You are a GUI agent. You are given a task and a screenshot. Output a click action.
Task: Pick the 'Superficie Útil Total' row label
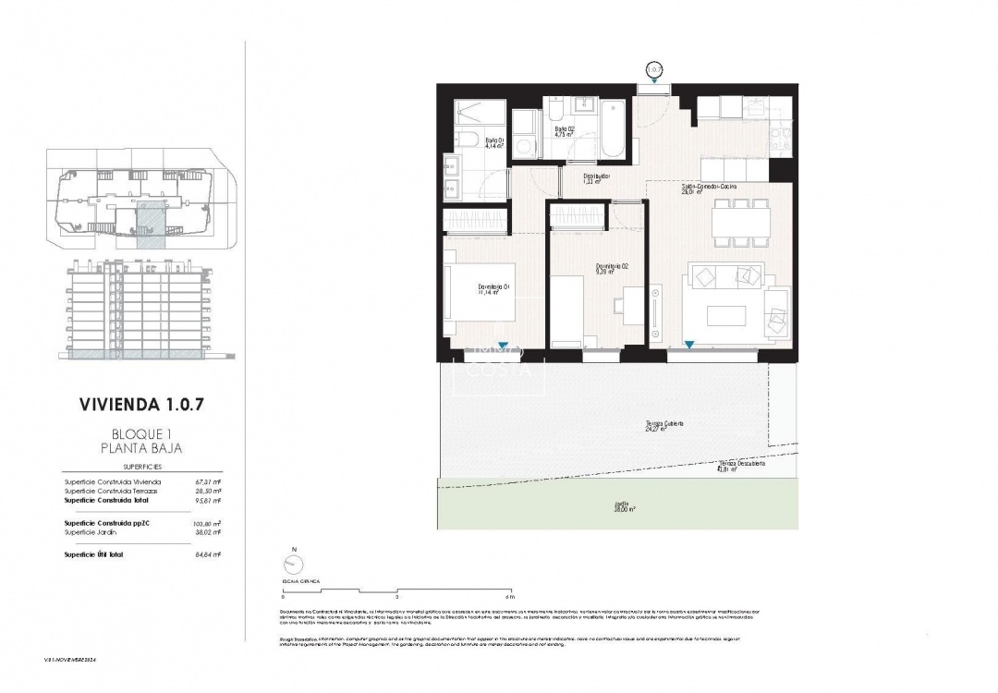click(93, 554)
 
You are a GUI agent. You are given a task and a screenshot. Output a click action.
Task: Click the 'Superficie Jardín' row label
click(90, 532)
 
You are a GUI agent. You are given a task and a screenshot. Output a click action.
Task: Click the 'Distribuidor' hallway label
click(596, 177)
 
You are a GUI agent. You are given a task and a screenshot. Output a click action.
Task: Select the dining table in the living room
click(740, 223)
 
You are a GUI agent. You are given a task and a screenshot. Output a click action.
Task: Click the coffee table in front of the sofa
click(733, 315)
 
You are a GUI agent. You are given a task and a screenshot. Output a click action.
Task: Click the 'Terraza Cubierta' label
click(664, 425)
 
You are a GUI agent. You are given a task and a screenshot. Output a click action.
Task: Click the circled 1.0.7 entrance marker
click(654, 69)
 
